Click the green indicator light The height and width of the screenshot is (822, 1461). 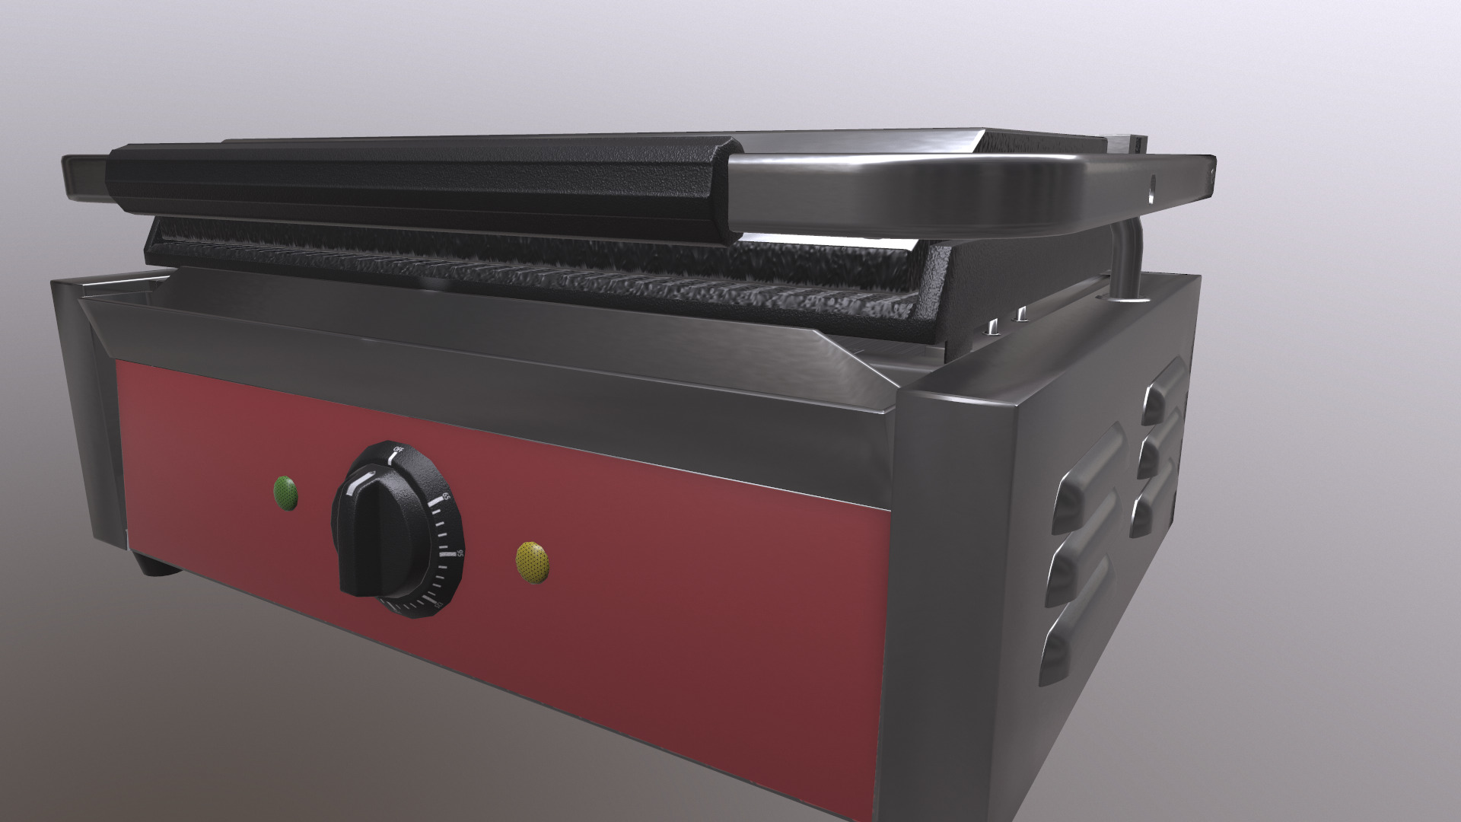286,493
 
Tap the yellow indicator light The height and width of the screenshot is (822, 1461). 533,562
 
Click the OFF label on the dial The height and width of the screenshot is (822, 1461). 398,449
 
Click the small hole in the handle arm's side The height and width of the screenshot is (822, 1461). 1151,183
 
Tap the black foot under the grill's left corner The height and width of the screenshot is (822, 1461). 156,568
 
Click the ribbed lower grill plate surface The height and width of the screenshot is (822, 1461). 533,274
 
